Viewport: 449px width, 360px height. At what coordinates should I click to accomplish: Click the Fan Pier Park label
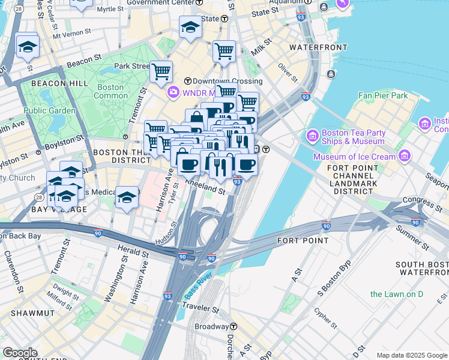(383, 95)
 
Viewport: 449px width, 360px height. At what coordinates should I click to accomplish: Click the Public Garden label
(50, 110)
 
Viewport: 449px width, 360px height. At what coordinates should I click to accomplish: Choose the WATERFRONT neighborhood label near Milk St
(318, 47)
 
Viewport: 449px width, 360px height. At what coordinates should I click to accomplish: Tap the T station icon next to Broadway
(234, 326)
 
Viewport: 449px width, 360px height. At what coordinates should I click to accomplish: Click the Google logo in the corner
(20, 353)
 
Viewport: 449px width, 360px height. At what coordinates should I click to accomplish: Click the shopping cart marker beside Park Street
(161, 71)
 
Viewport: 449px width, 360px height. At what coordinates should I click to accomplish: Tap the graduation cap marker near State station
(190, 26)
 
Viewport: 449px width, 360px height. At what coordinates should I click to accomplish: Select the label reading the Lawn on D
(397, 294)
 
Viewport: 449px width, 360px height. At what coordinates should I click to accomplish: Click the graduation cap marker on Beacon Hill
(28, 46)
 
